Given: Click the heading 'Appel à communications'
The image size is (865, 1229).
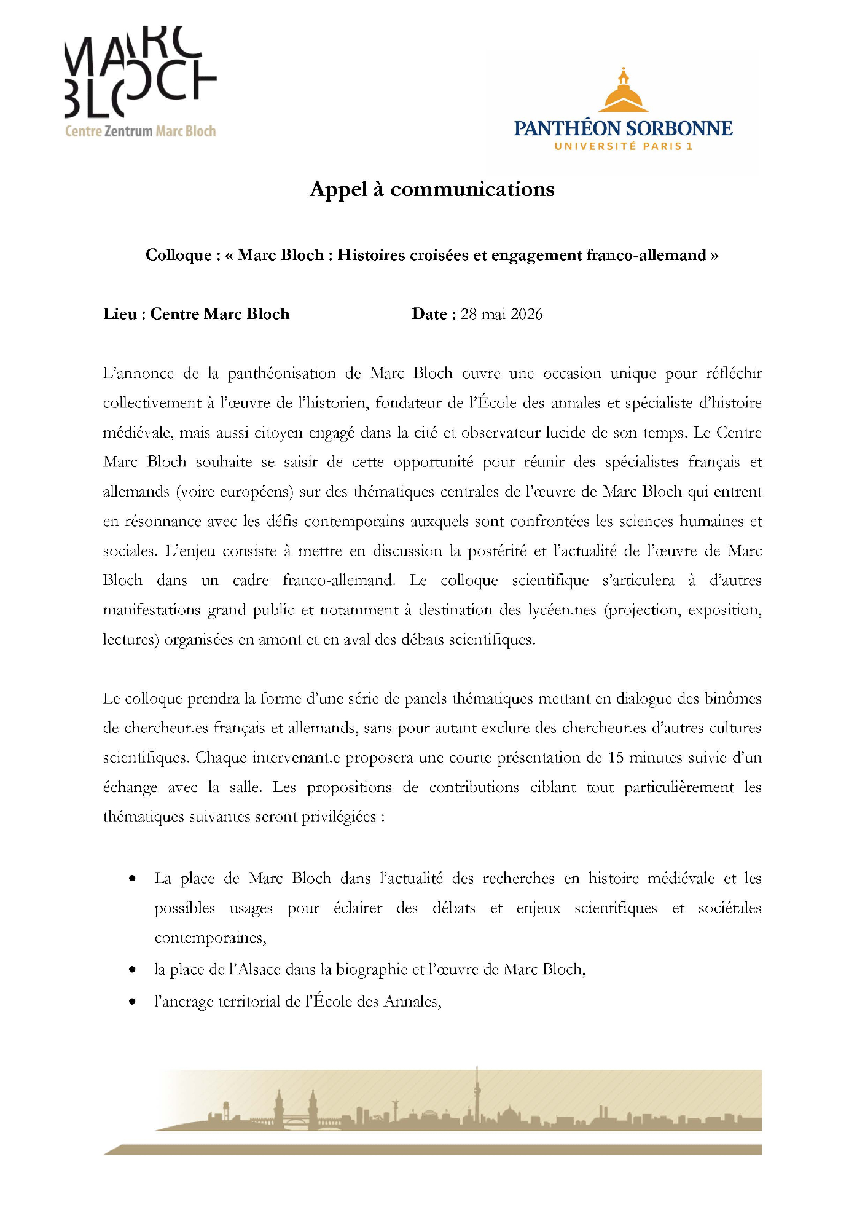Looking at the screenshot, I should [432, 189].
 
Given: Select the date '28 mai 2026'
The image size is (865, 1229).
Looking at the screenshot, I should [502, 314].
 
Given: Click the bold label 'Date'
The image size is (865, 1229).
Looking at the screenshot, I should [429, 314].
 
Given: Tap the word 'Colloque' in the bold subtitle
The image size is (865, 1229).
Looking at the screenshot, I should [178, 255].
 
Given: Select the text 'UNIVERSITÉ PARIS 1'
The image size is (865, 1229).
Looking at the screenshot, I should [624, 146].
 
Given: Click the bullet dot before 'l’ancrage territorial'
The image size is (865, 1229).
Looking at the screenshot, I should [132, 1002].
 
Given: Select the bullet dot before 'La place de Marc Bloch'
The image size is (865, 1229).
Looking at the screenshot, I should [132, 879].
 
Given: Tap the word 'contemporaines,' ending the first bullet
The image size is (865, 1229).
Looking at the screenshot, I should [210, 938].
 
